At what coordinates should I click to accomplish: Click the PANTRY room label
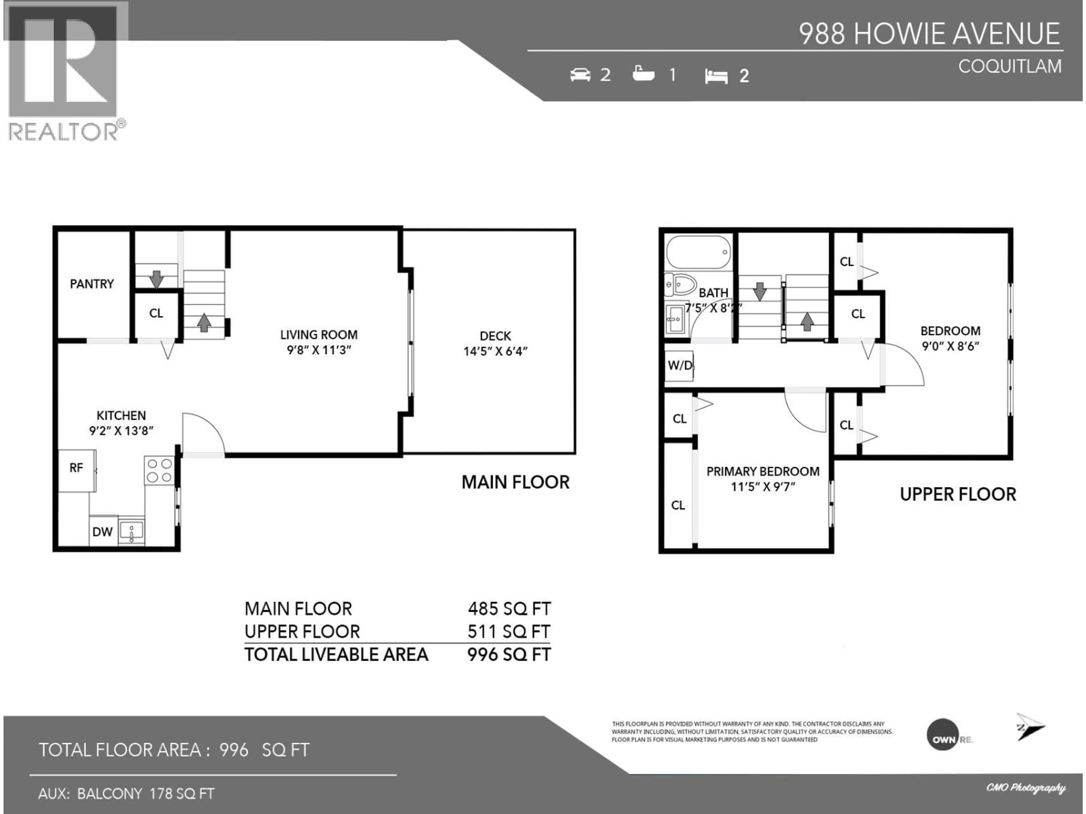point(92,284)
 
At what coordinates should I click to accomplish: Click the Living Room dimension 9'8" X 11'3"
point(319,350)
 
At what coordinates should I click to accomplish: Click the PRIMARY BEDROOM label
point(762,471)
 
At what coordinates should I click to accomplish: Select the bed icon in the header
point(716,76)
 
